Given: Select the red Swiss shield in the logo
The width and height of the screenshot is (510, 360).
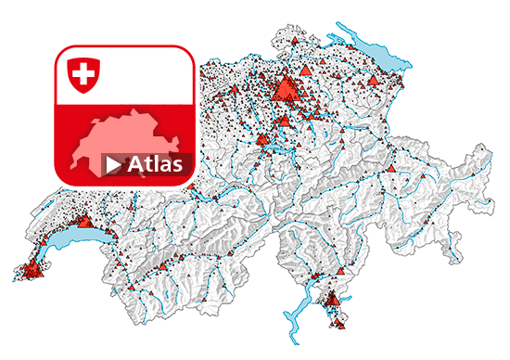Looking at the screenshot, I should pyautogui.click(x=83, y=73).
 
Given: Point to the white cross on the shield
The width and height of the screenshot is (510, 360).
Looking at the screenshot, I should pyautogui.click(x=83, y=72).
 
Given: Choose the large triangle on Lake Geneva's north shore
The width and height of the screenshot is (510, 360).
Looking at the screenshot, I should pyautogui.click(x=84, y=223).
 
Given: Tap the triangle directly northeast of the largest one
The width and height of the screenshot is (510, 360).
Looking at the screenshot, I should pyautogui.click(x=305, y=71).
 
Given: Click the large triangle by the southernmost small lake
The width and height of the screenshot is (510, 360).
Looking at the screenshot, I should pyautogui.click(x=331, y=298).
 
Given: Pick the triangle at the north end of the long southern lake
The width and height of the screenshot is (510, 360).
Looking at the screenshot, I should pyautogui.click(x=316, y=277).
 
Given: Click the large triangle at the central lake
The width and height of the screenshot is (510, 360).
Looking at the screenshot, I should pyautogui.click(x=262, y=140).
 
